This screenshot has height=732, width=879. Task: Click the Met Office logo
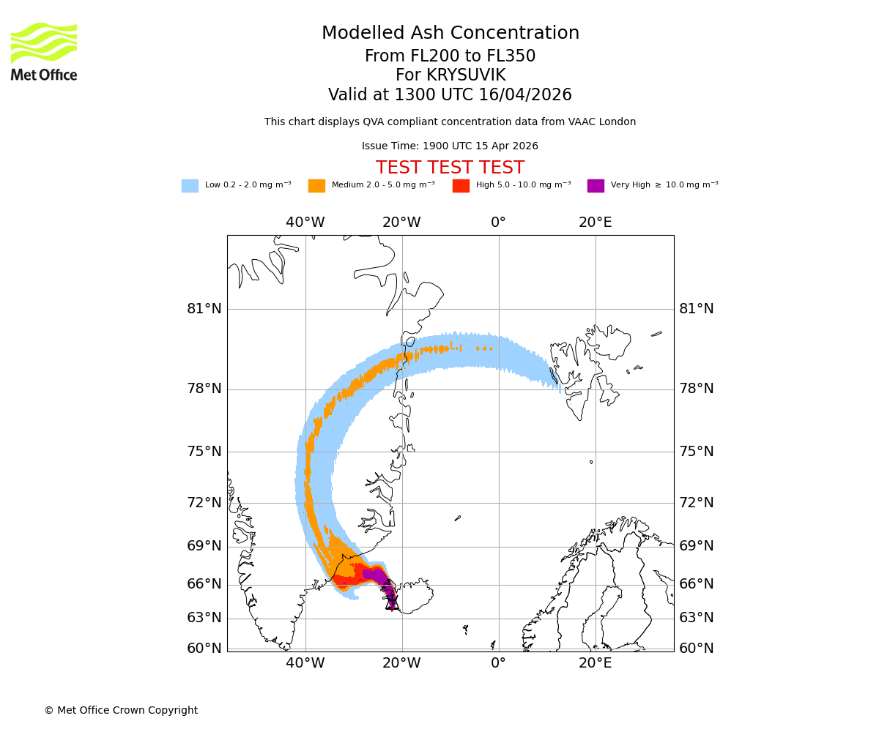(x=44, y=51)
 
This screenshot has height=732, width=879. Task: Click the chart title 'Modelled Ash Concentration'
(x=450, y=34)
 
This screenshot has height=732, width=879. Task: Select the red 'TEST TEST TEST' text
(x=450, y=168)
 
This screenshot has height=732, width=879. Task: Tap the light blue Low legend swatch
(x=190, y=186)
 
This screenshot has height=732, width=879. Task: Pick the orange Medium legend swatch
(x=316, y=186)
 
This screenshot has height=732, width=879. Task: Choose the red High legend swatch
(x=461, y=186)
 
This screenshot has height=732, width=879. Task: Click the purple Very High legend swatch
(x=596, y=186)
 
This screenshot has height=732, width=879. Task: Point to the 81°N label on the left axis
(x=204, y=309)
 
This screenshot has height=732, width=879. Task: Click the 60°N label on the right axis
(x=697, y=649)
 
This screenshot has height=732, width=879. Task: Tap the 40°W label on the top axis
(x=305, y=223)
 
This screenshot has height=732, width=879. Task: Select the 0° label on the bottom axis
(x=498, y=663)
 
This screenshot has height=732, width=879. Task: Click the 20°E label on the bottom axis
(x=595, y=663)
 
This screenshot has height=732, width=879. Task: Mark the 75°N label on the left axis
(x=204, y=452)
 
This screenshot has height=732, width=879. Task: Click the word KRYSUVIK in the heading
(x=466, y=75)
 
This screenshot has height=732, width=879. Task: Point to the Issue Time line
(x=450, y=146)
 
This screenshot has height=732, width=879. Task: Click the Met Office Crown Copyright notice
(x=121, y=711)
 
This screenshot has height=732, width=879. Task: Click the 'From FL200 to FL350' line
(x=450, y=56)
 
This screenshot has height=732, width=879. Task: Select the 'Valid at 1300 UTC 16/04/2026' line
(x=450, y=95)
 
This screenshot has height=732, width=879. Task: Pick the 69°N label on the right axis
(x=697, y=546)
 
